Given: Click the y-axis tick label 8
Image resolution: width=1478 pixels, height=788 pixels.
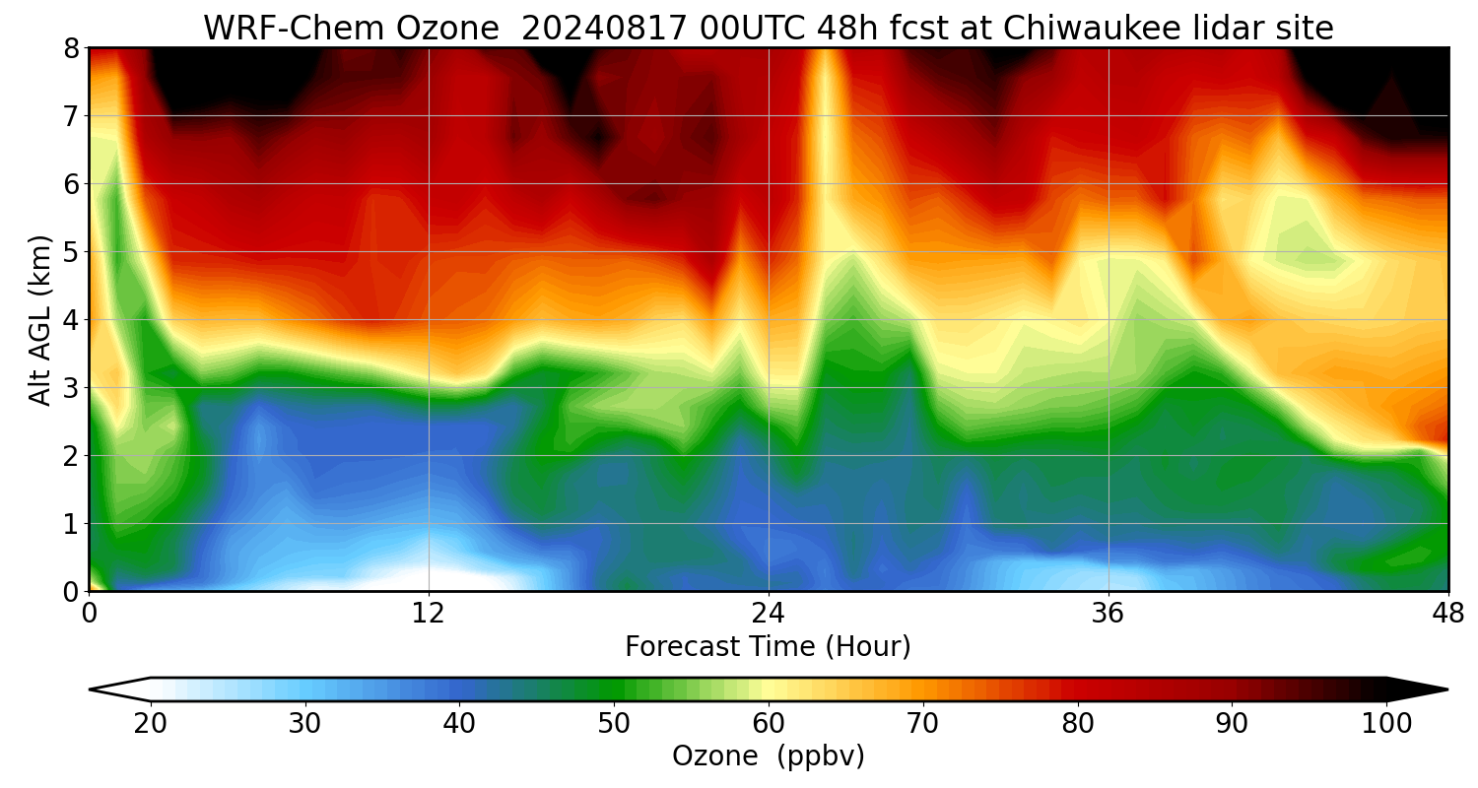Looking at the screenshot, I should coord(72,48).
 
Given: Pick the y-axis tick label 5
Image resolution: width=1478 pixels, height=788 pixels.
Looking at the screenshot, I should coord(72,252).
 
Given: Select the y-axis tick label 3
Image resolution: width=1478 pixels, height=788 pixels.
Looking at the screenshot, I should coord(72,388).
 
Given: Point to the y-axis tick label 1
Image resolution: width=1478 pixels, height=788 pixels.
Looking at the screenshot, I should coord(72,524).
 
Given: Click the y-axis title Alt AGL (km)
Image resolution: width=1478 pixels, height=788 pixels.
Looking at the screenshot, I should coord(40,319).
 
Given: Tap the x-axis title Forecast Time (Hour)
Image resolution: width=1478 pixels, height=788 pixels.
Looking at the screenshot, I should coord(768,647).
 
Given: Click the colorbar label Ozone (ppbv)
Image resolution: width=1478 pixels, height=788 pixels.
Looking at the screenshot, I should coord(768,756).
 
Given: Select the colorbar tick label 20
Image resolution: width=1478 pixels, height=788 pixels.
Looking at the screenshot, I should coord(150,724).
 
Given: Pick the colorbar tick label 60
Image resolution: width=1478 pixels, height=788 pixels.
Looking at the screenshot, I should coord(769,724).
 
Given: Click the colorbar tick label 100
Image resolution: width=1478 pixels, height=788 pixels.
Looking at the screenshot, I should coord(1386,724).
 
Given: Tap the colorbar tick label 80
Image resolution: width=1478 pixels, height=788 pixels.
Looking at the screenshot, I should coord(1078,724).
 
